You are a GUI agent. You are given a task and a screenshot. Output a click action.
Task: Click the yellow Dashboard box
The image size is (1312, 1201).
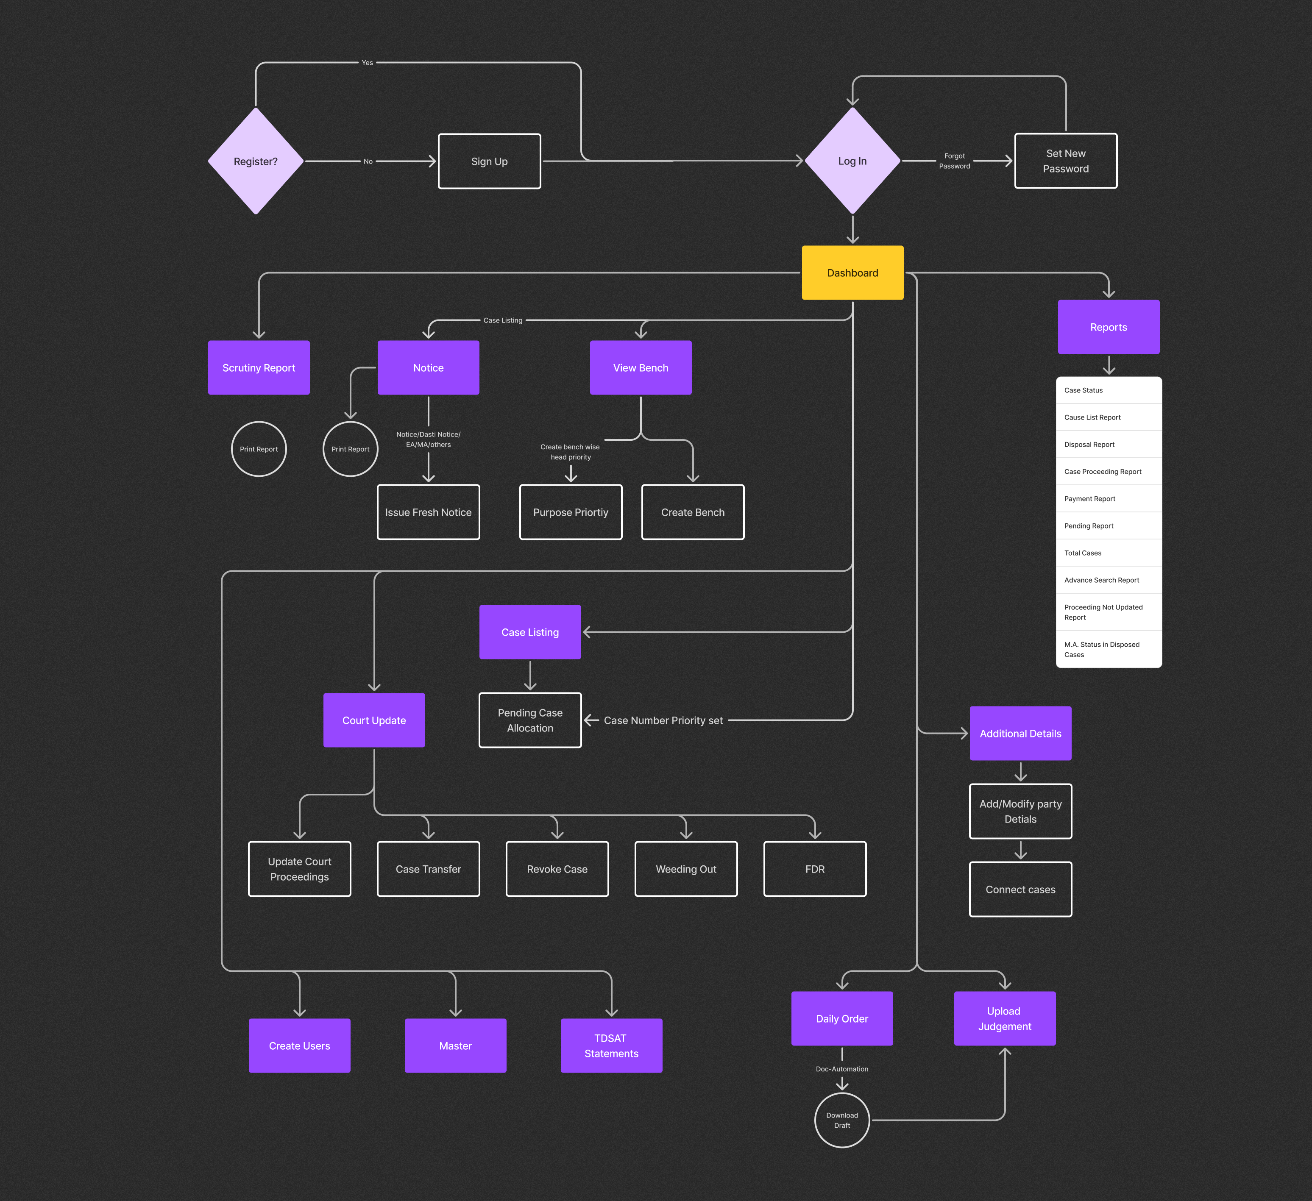pos(852,272)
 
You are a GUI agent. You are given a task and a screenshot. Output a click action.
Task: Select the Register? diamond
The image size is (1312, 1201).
pos(256,161)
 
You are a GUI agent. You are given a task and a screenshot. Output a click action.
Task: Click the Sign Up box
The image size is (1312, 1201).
pos(489,161)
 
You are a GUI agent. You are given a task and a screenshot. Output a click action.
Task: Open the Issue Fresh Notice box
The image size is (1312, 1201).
pos(428,512)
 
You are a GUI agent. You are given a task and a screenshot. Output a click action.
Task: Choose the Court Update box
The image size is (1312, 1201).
pos(374,720)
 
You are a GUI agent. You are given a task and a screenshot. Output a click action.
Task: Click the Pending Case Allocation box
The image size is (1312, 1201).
pos(530,720)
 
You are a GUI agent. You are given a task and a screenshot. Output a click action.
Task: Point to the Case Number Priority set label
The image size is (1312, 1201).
pos(663,720)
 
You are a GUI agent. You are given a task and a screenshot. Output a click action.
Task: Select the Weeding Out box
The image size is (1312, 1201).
pos(686,869)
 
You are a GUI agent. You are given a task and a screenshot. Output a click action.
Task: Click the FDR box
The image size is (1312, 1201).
pos(815,869)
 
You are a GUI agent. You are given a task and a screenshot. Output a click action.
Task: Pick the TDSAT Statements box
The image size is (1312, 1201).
pos(611,1045)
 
